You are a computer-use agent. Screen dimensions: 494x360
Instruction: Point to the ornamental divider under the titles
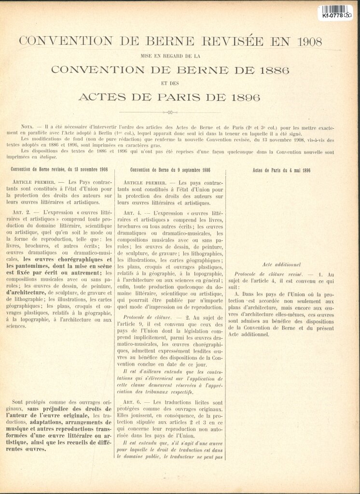tap(180, 111)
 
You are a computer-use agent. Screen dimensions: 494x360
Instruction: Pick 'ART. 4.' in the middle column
tap(134, 212)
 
